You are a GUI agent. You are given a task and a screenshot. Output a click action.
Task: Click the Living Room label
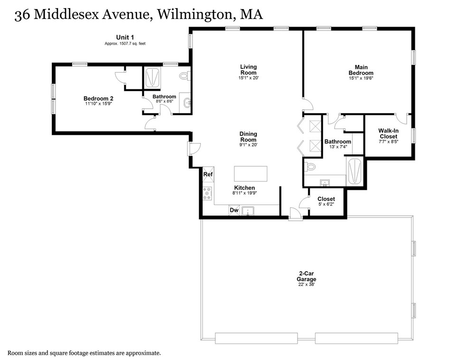248,69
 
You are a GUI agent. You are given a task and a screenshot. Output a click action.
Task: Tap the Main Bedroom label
361,70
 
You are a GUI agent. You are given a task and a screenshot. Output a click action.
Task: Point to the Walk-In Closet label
388,133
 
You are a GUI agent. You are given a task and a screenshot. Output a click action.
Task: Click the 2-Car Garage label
307,276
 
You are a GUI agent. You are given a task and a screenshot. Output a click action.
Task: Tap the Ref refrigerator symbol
208,174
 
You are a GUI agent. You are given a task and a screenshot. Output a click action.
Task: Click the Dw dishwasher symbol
234,210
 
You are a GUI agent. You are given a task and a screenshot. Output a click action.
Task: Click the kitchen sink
248,210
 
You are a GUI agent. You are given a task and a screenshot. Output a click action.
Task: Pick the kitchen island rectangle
251,173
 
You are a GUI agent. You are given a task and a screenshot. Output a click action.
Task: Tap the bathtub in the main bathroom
355,171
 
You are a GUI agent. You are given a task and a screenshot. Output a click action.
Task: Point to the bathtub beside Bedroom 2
152,77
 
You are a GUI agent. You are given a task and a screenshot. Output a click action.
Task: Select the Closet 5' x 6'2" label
326,199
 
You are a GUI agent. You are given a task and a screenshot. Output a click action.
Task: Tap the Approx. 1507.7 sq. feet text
125,43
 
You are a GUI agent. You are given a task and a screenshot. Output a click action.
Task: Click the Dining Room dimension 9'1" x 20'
248,145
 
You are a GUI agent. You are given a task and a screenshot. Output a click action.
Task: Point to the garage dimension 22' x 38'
307,284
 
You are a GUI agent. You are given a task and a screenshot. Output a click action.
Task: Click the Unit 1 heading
125,37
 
